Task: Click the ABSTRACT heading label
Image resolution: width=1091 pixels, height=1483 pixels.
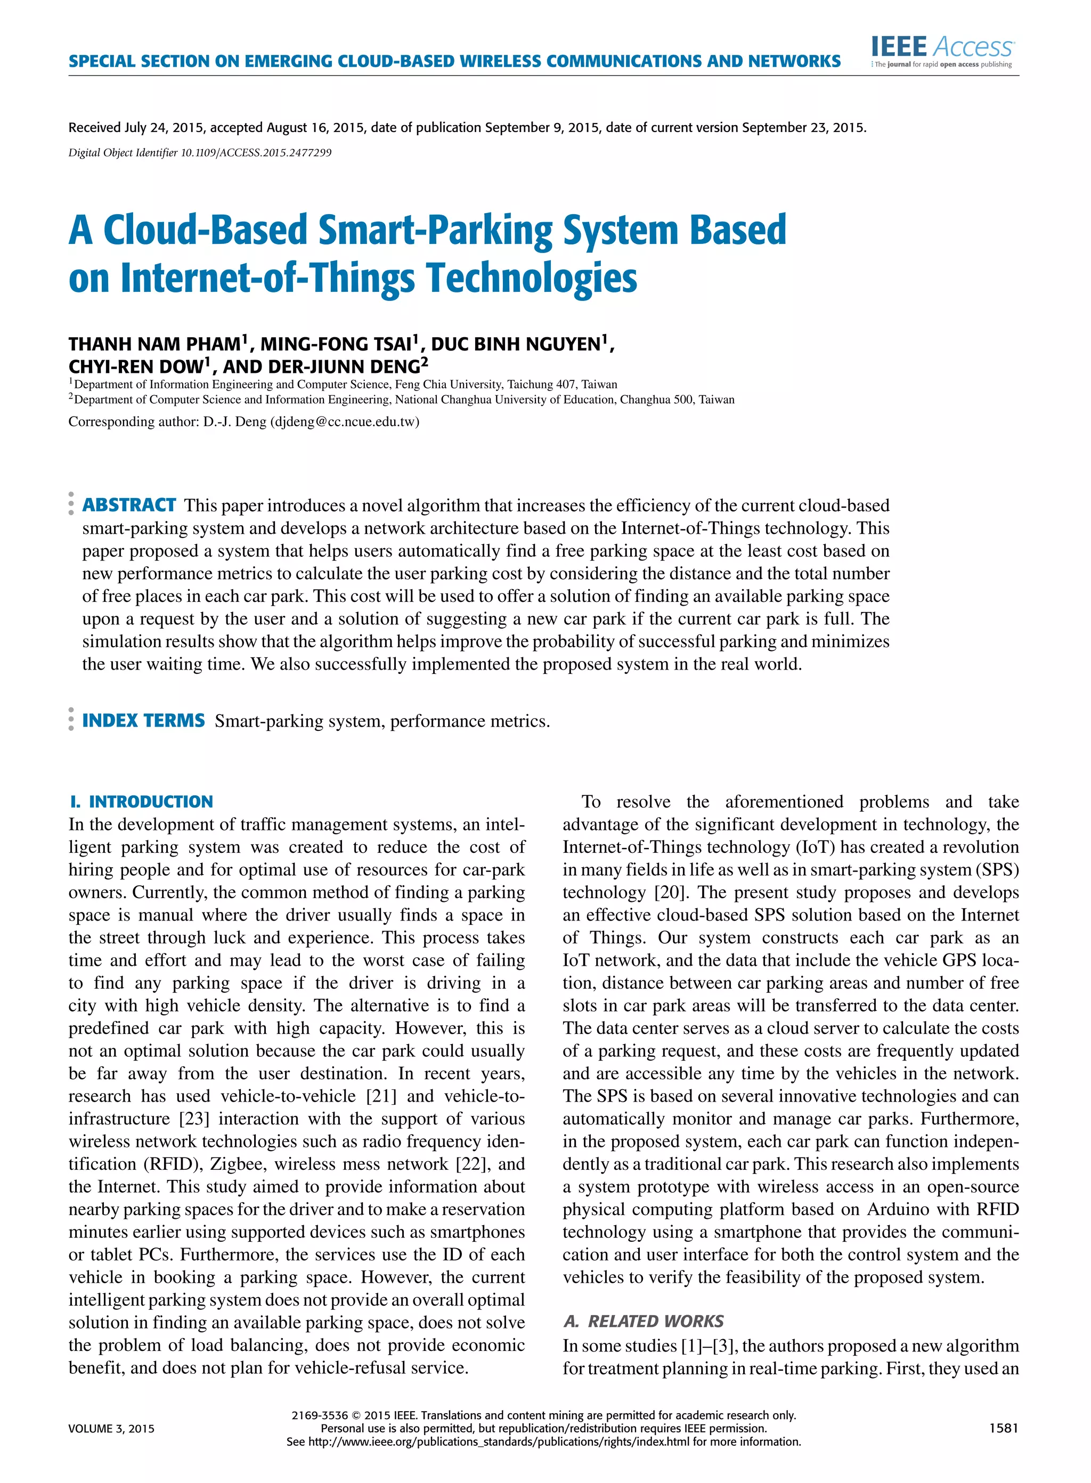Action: [129, 505]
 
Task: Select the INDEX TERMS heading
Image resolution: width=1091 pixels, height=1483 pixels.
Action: [143, 720]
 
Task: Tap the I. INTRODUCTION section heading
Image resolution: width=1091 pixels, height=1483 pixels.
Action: [141, 802]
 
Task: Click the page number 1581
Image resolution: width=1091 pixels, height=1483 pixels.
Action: [1003, 1428]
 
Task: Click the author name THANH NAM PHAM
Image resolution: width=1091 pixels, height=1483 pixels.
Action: [154, 344]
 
